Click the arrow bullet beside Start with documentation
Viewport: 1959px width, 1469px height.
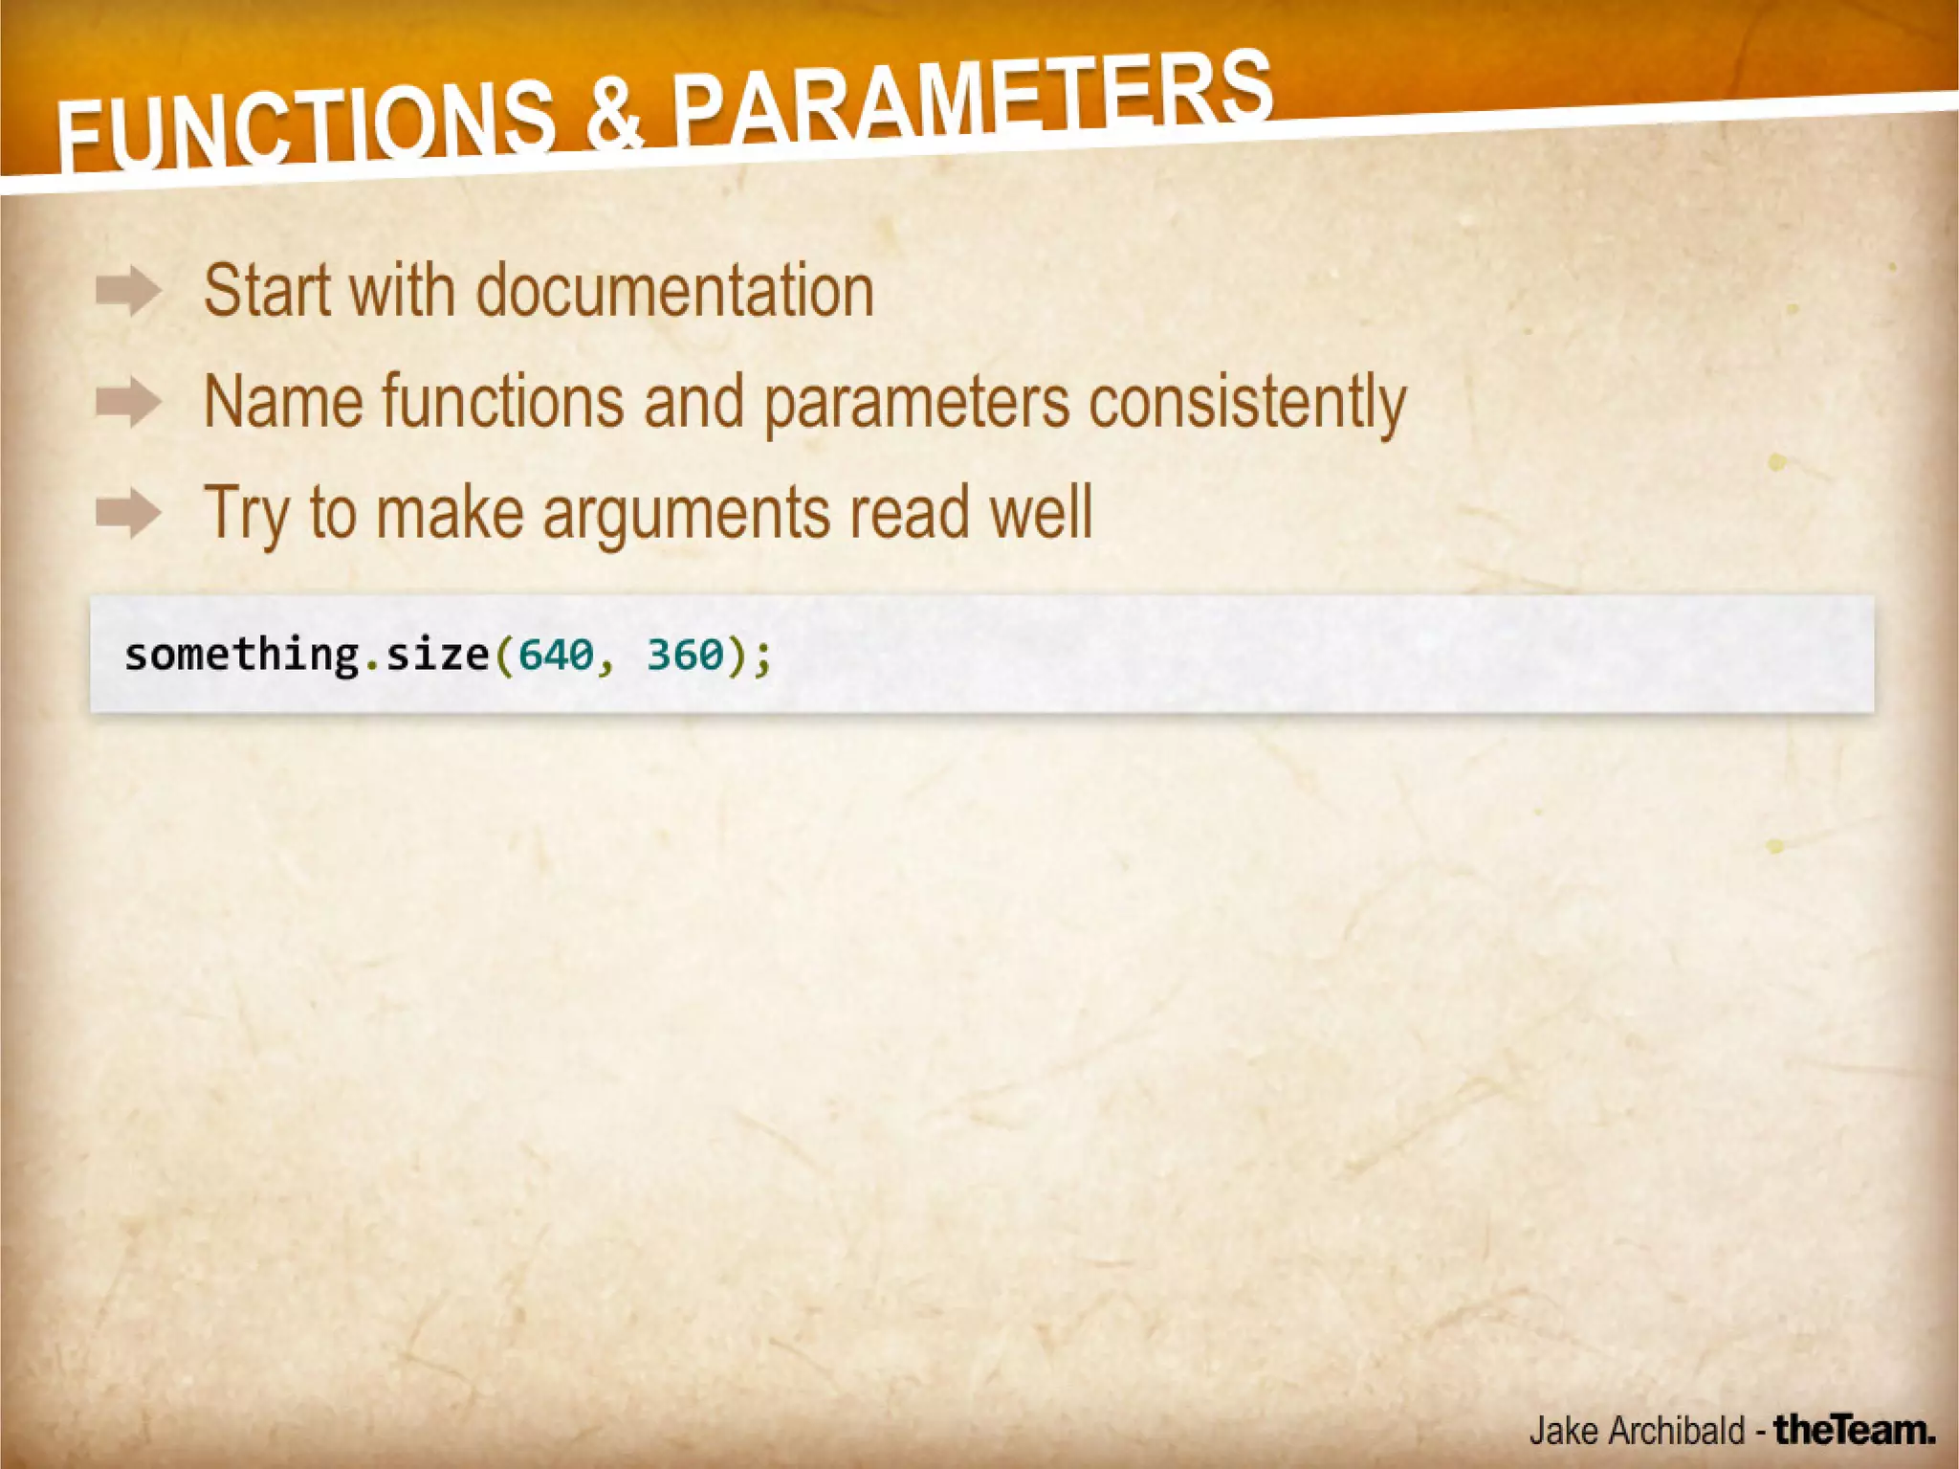click(x=128, y=291)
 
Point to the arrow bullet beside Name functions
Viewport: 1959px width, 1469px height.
click(x=128, y=402)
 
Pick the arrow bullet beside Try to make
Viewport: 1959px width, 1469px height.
click(x=128, y=513)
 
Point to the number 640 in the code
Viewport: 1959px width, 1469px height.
click(x=555, y=656)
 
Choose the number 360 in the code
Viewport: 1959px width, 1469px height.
click(x=685, y=656)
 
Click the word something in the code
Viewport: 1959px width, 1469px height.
click(x=241, y=656)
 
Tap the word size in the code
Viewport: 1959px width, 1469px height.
click(x=437, y=656)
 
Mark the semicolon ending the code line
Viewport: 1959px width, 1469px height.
click(x=762, y=657)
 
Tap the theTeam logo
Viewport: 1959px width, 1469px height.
click(x=1854, y=1430)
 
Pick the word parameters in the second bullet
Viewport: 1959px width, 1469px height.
click(x=915, y=404)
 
